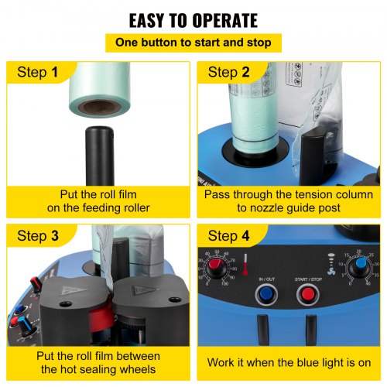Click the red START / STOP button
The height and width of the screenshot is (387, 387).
point(308,294)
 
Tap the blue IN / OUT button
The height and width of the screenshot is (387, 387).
point(266,294)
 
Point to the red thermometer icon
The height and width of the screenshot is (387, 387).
point(245,264)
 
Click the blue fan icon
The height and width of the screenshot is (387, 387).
point(331,271)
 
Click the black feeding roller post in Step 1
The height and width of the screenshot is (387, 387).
point(100,156)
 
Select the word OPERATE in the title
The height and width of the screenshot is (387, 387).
point(225,21)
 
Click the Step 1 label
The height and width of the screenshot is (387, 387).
point(38,72)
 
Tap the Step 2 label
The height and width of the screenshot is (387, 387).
point(229,72)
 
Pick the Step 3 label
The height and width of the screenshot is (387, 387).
point(38,236)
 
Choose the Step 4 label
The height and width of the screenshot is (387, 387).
point(229,236)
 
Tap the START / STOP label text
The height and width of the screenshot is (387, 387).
point(308,279)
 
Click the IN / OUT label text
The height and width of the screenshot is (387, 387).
point(267,279)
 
